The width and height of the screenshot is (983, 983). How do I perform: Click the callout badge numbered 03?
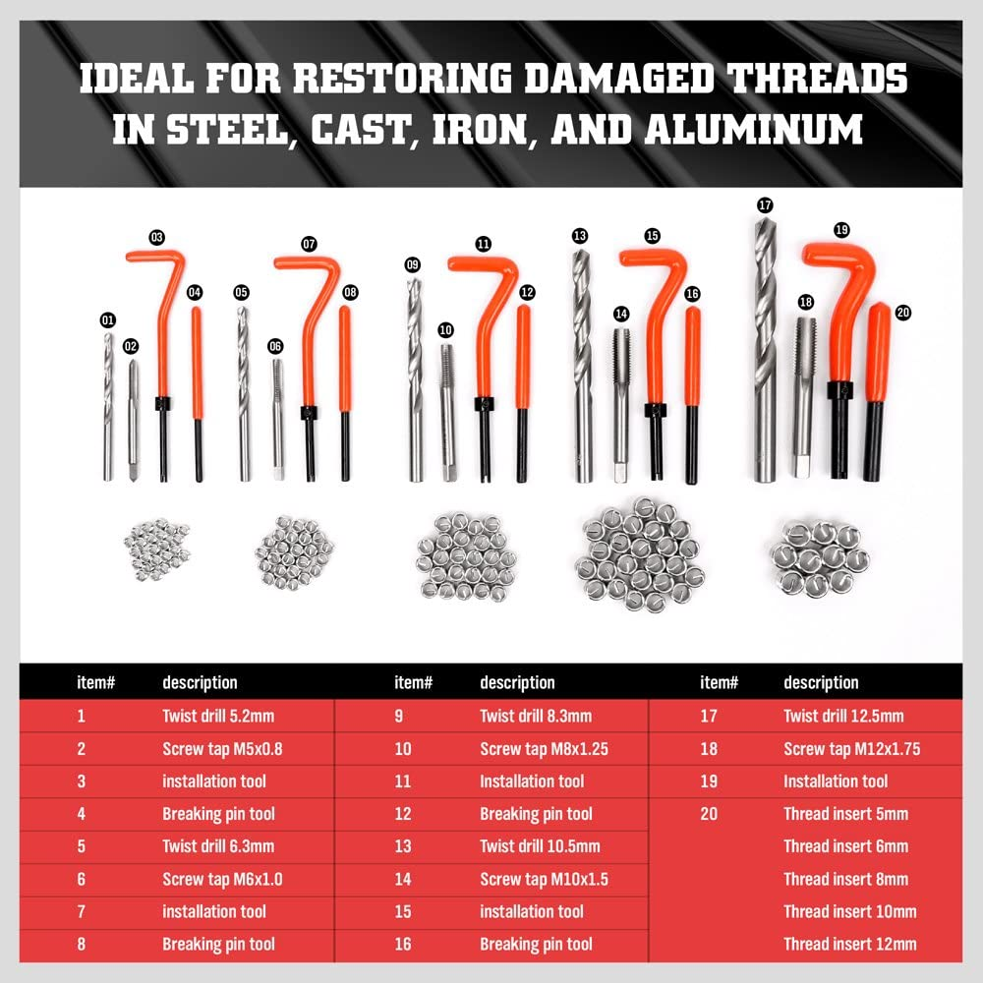156,237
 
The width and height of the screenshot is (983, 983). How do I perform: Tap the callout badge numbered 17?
765,204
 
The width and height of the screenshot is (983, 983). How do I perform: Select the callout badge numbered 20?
903,313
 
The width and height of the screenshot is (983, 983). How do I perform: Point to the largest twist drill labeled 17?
765,354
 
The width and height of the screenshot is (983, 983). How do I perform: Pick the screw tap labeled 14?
620,403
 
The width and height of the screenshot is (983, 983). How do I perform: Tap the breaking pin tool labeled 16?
692,393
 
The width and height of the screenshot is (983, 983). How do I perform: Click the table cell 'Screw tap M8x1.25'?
544,749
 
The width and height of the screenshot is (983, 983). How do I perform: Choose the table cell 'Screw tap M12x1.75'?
851,749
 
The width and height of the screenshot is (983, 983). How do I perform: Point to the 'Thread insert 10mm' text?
849,911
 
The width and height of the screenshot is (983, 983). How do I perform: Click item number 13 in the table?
401,846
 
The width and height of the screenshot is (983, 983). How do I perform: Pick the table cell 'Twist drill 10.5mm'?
540,846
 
